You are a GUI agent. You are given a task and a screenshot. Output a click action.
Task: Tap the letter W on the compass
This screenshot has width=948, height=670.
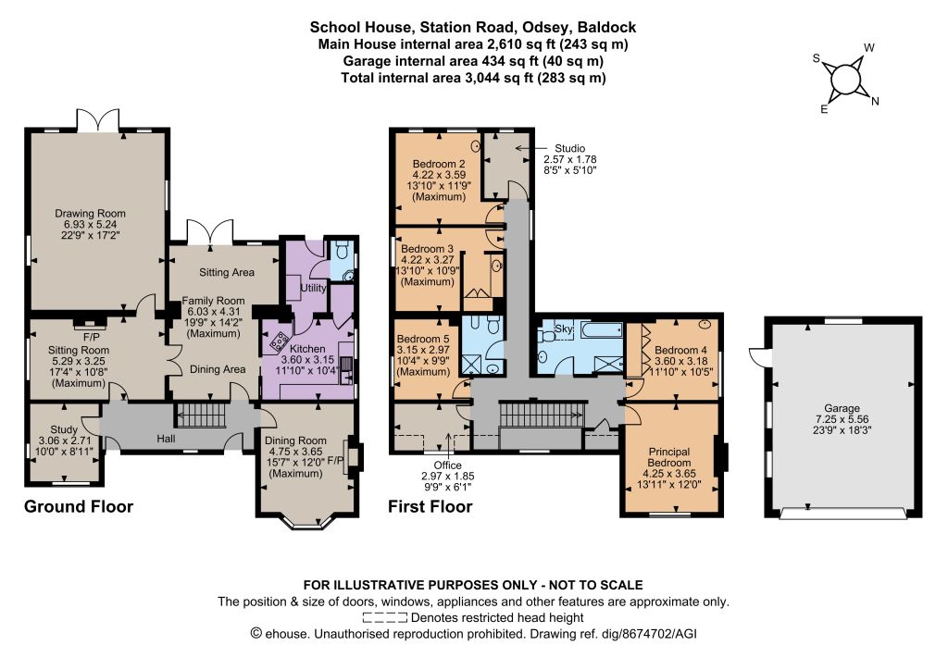click(x=868, y=48)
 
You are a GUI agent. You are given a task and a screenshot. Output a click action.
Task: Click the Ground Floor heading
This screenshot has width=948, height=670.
click(x=79, y=506)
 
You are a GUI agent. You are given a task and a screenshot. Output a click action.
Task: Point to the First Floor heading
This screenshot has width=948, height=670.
click(x=430, y=506)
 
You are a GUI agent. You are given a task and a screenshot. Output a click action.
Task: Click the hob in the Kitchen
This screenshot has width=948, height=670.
click(x=280, y=341)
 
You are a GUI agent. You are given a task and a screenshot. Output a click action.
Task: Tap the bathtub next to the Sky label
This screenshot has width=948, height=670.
click(x=601, y=329)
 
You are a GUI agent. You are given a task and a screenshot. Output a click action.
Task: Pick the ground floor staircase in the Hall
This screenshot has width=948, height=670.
click(x=201, y=416)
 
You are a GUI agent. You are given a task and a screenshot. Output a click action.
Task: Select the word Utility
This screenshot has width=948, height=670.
click(x=313, y=288)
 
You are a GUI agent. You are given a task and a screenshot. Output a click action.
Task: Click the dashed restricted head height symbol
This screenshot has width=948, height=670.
click(x=384, y=617)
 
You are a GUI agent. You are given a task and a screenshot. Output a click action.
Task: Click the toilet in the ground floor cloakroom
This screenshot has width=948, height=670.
click(x=343, y=249)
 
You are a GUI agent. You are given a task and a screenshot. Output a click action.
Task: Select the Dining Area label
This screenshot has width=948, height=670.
click(x=218, y=369)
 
